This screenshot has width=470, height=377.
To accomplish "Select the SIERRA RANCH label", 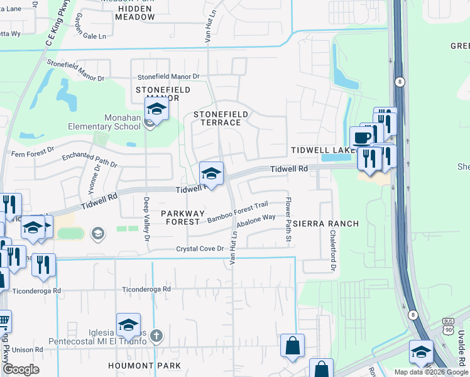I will [x=325, y=224].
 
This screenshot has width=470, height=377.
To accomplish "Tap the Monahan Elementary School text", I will [x=104, y=126].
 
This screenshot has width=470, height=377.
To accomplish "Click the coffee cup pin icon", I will [x=361, y=138].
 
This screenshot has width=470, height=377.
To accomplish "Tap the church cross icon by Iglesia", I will [x=156, y=336].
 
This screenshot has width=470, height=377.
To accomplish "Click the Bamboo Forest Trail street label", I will [x=238, y=211].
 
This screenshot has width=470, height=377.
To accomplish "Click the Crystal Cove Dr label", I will [x=200, y=249].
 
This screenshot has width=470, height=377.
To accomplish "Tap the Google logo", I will [x=21, y=369].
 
